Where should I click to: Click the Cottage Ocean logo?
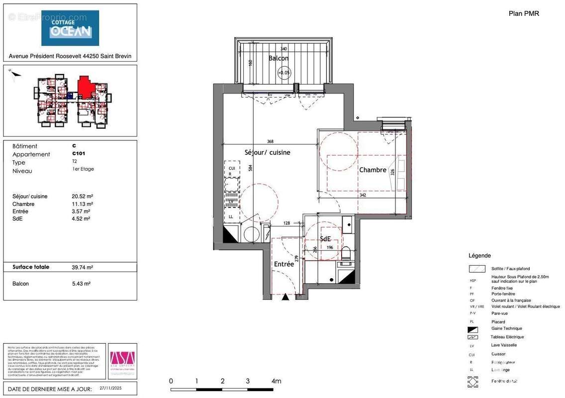[70, 28]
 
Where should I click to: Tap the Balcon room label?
[279, 58]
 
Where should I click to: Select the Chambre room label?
[373, 170]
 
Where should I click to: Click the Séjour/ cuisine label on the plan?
[267, 152]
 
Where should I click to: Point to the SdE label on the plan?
[325, 239]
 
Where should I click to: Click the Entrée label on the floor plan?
[284, 264]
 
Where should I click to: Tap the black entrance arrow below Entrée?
[285, 298]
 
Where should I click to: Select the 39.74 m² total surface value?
[82, 267]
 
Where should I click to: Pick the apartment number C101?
[79, 154]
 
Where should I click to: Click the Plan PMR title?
[524, 13]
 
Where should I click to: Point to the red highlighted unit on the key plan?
[86, 88]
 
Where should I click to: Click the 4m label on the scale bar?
[276, 381]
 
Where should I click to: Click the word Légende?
[479, 256]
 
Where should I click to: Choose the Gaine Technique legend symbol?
[473, 329]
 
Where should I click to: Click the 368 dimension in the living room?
[270, 141]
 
